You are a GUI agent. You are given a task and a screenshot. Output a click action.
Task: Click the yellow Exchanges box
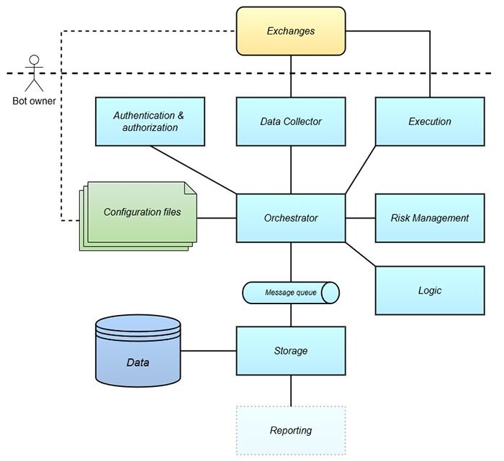click(x=291, y=32)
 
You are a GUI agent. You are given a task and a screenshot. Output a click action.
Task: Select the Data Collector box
click(x=291, y=122)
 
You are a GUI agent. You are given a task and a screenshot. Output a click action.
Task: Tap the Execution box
click(x=430, y=122)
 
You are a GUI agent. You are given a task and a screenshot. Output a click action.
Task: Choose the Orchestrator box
click(x=291, y=218)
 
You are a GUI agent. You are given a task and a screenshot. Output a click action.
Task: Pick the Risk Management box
click(x=430, y=218)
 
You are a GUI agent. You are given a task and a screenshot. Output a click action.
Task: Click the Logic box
click(x=430, y=291)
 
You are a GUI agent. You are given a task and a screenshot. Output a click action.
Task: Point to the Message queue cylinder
click(x=291, y=293)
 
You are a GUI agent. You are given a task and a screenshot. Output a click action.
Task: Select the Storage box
click(x=291, y=351)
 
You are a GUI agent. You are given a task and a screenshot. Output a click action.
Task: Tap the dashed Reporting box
click(x=291, y=430)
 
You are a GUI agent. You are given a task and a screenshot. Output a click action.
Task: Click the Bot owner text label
click(x=34, y=101)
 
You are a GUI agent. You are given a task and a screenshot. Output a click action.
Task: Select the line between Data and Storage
click(x=209, y=351)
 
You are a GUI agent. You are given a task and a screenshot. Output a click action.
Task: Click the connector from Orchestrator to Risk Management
click(x=360, y=218)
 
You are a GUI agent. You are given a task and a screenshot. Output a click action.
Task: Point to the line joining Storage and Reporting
click(x=291, y=391)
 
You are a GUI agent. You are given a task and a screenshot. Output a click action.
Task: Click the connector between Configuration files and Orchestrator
click(x=217, y=218)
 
